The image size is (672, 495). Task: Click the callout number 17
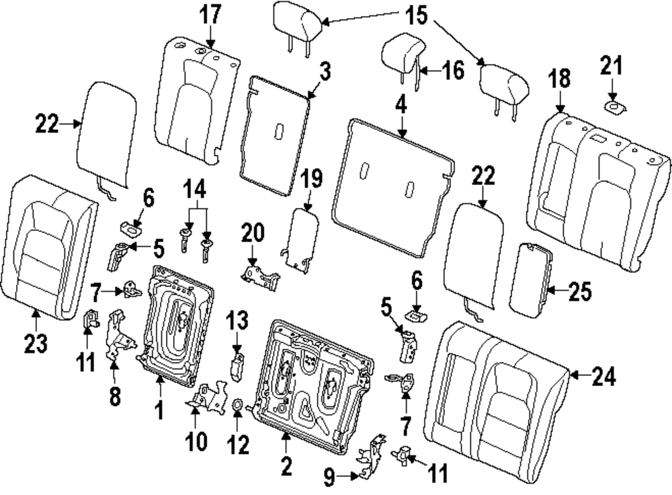(212, 15)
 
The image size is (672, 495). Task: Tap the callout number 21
(612, 67)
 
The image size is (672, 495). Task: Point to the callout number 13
(237, 322)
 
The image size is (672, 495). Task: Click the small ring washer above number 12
(237, 405)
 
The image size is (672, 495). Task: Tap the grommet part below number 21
(613, 106)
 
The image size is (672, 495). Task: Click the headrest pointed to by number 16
(401, 51)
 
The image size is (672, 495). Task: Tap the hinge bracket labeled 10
(208, 397)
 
